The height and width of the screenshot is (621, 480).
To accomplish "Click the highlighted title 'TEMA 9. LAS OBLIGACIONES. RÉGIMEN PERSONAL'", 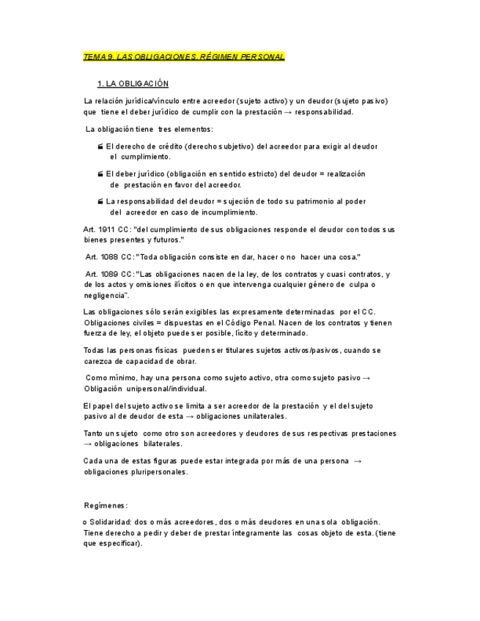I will (x=184, y=56).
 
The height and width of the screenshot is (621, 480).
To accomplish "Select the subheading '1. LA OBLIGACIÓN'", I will (x=133, y=84).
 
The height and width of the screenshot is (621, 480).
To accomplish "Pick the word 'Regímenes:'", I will (x=106, y=505).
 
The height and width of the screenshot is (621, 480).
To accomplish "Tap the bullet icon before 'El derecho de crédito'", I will (x=100, y=146).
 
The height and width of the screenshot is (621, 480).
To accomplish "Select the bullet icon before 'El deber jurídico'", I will (x=100, y=174).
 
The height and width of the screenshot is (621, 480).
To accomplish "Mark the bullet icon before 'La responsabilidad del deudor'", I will (x=100, y=201).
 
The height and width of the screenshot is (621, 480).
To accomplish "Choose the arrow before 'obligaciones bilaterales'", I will (x=89, y=444).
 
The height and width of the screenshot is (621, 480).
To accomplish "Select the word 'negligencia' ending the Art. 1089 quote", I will (x=106, y=295).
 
